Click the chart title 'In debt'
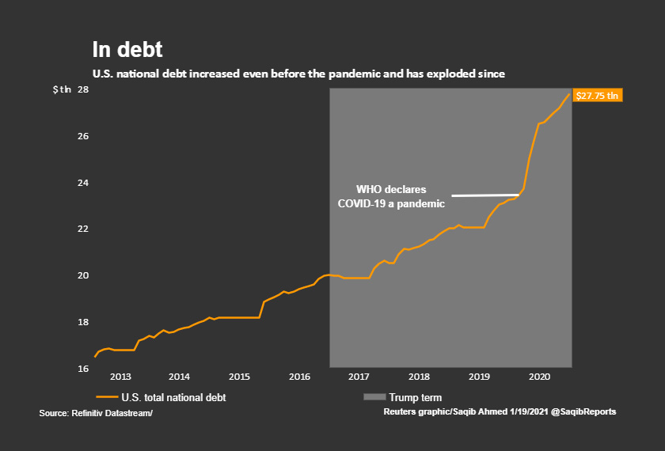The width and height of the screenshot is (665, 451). pos(127,50)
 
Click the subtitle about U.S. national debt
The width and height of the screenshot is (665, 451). pos(298,74)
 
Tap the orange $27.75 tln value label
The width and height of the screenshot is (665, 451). pos(598,96)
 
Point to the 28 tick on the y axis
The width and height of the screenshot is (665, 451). pos(82,90)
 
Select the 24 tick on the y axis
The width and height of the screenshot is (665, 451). pos(82,183)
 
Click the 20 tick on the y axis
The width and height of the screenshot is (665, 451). pos(82,276)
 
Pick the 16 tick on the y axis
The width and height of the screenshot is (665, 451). pos(82,369)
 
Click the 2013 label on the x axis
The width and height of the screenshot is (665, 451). pos(120,377)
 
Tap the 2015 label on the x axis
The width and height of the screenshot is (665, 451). pos(240,377)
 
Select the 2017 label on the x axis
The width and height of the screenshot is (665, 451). pos(359,377)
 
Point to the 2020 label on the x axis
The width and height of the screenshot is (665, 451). pos(539,377)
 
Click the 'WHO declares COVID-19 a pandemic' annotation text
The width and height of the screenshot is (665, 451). pos(391,197)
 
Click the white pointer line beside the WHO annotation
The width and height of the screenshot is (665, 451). pos(485,195)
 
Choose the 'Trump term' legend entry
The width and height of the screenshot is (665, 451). pos(414,398)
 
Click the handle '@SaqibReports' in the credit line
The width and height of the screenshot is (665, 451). pos(583,412)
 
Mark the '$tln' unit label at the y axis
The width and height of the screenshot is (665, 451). pos(61,90)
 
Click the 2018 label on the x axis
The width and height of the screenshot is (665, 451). pos(419,377)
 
